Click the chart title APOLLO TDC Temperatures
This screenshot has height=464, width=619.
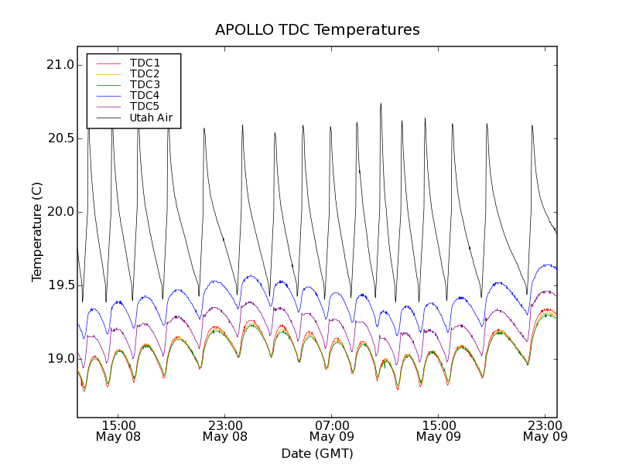point(317,30)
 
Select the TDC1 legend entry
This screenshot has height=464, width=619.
point(145,63)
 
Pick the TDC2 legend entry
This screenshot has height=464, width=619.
point(145,73)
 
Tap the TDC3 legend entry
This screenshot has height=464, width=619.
point(145,84)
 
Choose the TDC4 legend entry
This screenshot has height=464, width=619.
point(145,95)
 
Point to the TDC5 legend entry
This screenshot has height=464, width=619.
point(145,106)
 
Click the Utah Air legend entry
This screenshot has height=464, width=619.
point(150,118)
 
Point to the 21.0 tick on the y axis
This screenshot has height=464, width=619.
point(60,65)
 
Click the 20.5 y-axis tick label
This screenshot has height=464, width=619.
point(60,138)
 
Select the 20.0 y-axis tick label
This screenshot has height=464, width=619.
point(60,212)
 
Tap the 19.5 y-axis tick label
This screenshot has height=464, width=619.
point(60,285)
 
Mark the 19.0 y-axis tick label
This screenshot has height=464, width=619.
point(60,359)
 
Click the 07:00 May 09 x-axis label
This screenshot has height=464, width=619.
point(331,431)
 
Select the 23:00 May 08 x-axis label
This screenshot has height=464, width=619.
point(224,431)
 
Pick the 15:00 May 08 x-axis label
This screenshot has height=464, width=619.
point(118,431)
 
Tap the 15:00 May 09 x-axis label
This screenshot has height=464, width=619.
point(438,431)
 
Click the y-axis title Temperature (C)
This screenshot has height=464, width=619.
point(37,232)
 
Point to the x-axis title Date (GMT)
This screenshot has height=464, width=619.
point(317,453)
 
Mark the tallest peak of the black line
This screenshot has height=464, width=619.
point(381,104)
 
